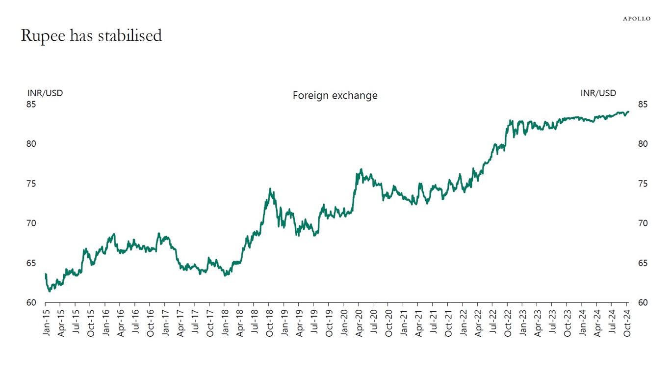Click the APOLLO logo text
[x=637, y=19]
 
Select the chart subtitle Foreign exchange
[x=335, y=95]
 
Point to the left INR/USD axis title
[x=45, y=93]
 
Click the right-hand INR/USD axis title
[x=598, y=93]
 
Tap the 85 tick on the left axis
[x=31, y=105]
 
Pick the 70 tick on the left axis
[x=31, y=223]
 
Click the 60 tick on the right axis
[x=643, y=303]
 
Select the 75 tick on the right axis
[x=643, y=184]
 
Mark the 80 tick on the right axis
[x=643, y=144]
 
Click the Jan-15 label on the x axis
[x=46, y=323]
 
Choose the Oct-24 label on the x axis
[x=627, y=323]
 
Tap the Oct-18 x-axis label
[x=269, y=323]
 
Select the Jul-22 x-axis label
[x=492, y=323]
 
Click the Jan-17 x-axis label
[x=165, y=323]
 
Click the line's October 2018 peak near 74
[x=270, y=188]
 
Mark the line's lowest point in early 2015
[x=49, y=291]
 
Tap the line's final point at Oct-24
[x=628, y=111]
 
